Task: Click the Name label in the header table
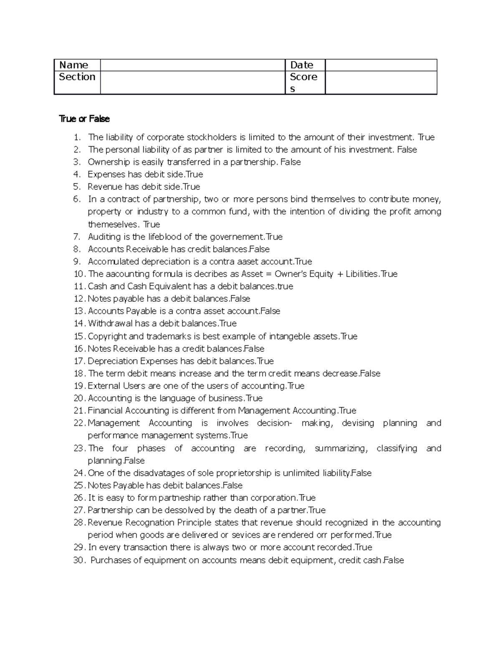tap(73, 65)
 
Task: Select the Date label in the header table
tap(301, 65)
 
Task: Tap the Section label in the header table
tap(77, 77)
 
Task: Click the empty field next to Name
tap(192, 65)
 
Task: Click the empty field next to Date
tap(380, 65)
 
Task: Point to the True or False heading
tap(84, 119)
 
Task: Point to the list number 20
tap(79, 398)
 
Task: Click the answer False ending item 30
tap(393, 560)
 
